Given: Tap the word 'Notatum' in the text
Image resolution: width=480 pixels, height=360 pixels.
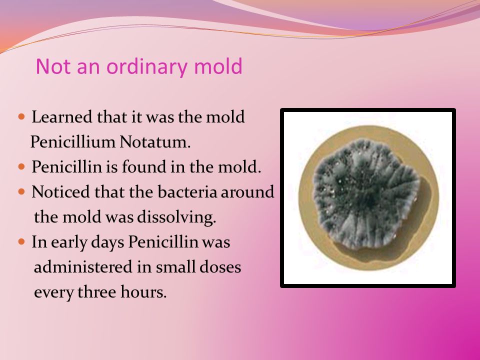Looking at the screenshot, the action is (x=155, y=141).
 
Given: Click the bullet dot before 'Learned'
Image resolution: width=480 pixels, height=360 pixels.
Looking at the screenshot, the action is (x=21, y=116).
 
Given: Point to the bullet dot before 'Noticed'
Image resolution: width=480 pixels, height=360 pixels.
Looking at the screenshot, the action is (x=21, y=191).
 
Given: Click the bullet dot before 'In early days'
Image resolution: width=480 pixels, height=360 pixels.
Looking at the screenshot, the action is (x=21, y=242).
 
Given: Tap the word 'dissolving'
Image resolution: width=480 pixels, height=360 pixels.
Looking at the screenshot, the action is (x=176, y=217).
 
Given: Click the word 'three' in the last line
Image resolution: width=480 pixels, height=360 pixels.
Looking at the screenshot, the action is (x=96, y=291).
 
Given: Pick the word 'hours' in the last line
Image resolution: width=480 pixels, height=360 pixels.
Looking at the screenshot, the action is (x=143, y=291).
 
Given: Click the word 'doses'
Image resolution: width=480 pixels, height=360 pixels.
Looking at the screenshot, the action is (x=220, y=267).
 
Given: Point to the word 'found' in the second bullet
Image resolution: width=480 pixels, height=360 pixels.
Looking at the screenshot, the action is (x=140, y=167).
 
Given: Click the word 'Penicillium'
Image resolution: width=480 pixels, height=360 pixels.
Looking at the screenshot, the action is (x=72, y=141).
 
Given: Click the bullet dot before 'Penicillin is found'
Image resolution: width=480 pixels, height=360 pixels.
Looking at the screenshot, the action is (x=21, y=166).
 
